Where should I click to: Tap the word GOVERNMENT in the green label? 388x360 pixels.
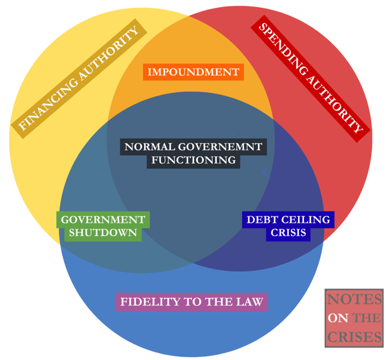tap(103, 220)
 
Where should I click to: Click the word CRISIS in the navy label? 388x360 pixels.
tap(288, 233)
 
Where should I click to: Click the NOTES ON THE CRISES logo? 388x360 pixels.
tap(354, 317)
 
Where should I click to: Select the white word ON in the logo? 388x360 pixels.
tap(338, 318)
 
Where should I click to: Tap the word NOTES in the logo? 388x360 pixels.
tap(354, 301)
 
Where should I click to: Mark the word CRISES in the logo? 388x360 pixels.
tap(354, 336)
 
